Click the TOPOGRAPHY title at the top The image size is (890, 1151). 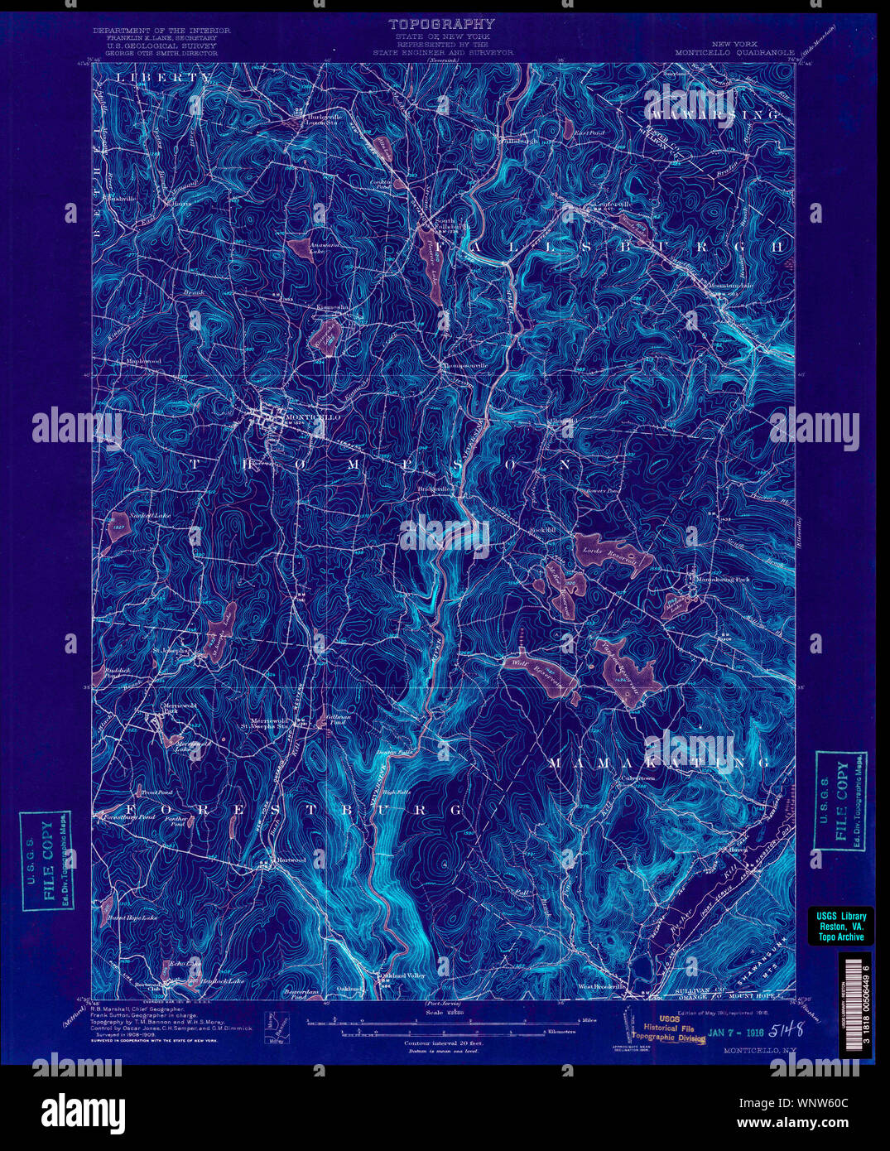442,24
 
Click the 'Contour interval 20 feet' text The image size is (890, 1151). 443,1043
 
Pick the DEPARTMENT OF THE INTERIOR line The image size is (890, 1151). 161,30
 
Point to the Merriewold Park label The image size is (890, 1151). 169,709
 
